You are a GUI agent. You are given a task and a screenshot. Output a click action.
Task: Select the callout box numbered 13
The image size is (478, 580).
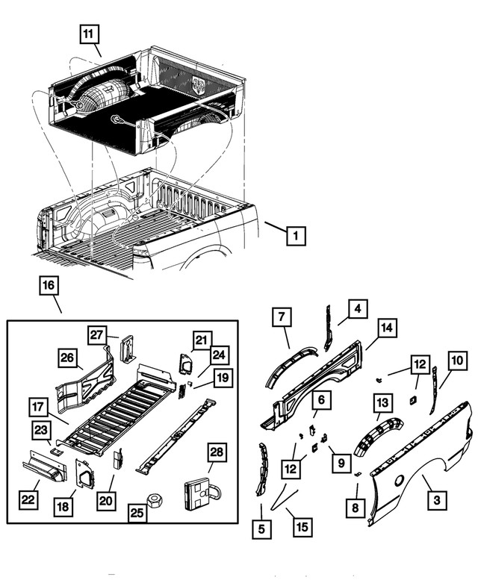tap(382, 404)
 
